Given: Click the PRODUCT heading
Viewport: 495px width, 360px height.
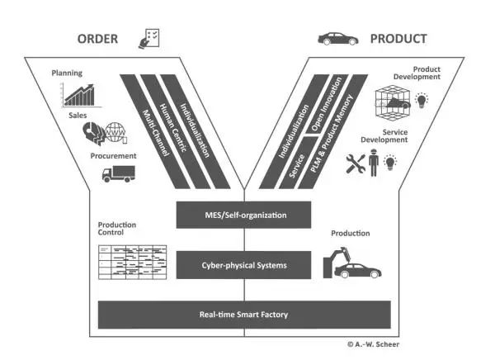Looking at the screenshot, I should (x=398, y=39).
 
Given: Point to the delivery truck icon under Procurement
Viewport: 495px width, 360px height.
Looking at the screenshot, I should (x=118, y=173).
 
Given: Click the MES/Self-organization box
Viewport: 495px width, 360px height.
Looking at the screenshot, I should (x=243, y=216).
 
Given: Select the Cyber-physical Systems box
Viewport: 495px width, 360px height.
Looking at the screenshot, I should (x=243, y=265).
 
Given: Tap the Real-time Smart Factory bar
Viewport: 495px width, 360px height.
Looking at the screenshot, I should (x=243, y=315).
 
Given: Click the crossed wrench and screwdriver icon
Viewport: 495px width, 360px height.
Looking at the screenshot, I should (x=356, y=163).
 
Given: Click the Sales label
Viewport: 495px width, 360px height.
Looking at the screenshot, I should (x=78, y=116).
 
